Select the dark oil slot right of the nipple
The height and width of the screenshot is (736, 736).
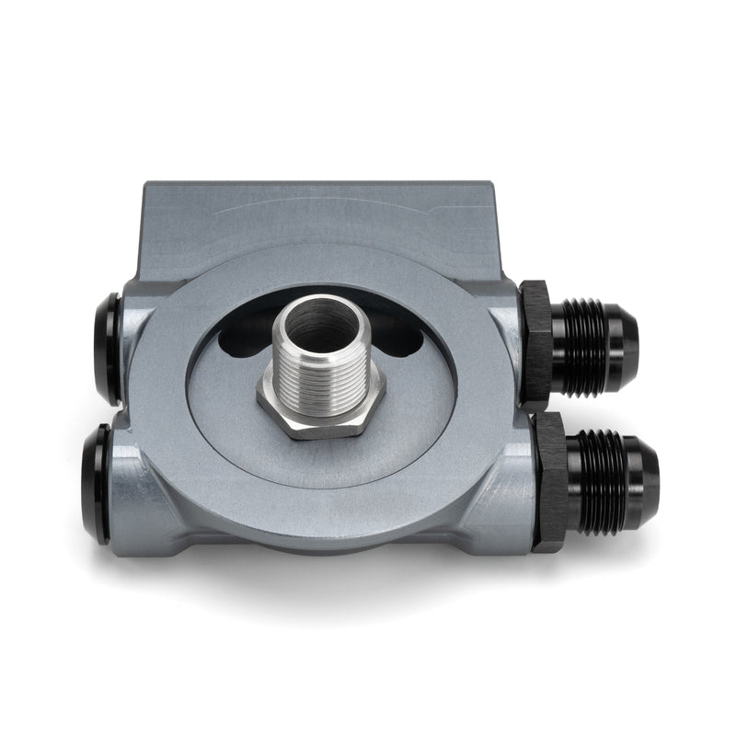click(x=397, y=342)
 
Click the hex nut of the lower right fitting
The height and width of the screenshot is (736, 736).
click(x=550, y=482)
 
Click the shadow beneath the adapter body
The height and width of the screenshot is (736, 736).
click(x=322, y=589)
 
